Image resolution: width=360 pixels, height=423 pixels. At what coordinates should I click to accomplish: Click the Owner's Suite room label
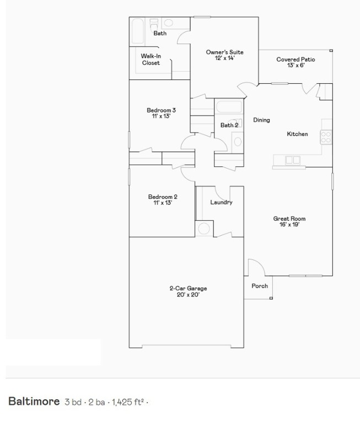224,52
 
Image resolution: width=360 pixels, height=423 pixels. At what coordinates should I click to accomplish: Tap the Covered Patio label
295,59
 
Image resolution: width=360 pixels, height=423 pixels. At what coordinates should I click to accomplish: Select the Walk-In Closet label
151,59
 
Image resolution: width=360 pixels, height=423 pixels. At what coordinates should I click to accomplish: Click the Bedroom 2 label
163,197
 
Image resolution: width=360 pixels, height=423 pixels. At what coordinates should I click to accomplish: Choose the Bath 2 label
229,125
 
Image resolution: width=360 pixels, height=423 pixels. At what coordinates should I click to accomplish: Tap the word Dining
261,120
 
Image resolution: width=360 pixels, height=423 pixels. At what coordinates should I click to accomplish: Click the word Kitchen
297,134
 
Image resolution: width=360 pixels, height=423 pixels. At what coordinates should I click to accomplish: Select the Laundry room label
221,202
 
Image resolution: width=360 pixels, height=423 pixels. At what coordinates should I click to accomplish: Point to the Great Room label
289,219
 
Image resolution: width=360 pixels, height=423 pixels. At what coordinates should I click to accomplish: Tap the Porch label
260,286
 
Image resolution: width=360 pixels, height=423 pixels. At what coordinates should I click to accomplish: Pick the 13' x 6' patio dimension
295,66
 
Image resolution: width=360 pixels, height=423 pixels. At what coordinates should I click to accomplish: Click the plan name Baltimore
34,401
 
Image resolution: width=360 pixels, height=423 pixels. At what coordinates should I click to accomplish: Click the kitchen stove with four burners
326,136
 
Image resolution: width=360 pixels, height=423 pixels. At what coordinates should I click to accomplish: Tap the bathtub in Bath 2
229,106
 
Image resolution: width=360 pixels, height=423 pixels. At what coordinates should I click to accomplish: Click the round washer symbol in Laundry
205,229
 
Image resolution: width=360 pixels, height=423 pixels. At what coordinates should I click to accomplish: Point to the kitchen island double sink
293,160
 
